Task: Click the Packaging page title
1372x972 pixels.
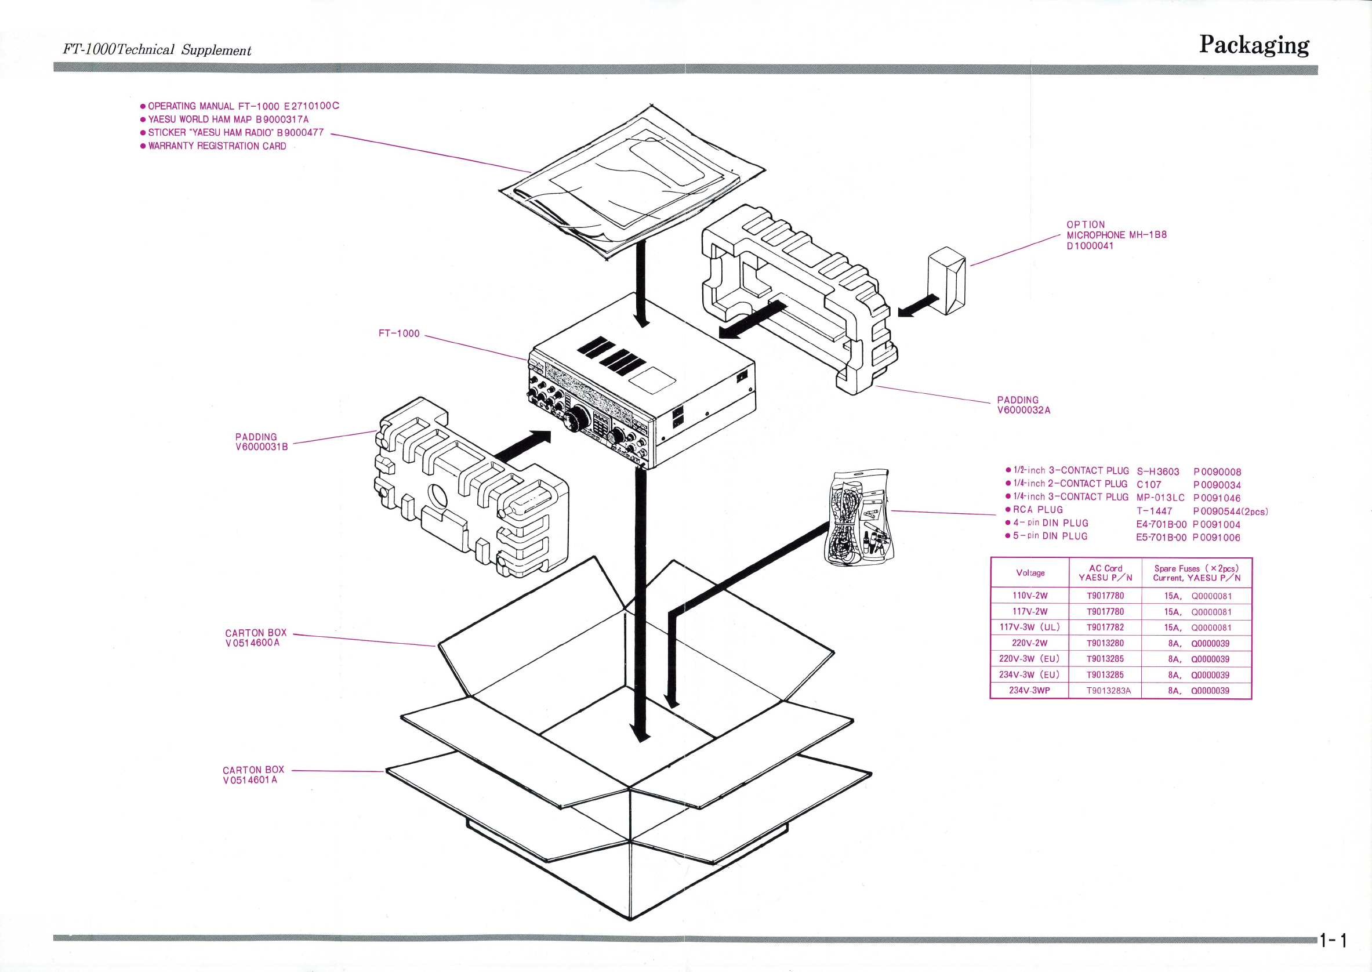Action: [x=1254, y=45]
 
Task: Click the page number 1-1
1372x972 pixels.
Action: [x=1334, y=940]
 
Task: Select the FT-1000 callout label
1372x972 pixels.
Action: [x=399, y=333]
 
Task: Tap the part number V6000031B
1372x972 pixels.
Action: [x=262, y=447]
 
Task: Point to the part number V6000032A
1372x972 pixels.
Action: [x=1023, y=411]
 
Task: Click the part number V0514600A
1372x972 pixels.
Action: [x=252, y=643]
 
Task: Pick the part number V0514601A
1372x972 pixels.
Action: [x=249, y=781]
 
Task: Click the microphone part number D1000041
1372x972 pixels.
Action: [x=1090, y=246]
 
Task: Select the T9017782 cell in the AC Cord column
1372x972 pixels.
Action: [x=1105, y=628]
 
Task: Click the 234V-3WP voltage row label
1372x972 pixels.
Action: [x=1029, y=690]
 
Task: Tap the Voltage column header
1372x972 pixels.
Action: [x=1030, y=573]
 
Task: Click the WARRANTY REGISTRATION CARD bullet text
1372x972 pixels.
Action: [x=217, y=146]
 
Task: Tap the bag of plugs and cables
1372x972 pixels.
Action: [x=859, y=518]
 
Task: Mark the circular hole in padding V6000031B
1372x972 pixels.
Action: [x=437, y=496]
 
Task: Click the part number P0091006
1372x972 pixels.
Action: [x=1216, y=538]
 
